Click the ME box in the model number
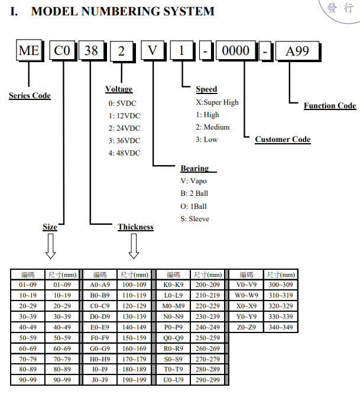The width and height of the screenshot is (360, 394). (x=29, y=50)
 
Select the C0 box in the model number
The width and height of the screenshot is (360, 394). (x=62, y=50)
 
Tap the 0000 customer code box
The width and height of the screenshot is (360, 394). (x=236, y=50)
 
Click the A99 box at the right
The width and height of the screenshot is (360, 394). (x=297, y=51)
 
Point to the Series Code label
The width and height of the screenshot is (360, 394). (x=30, y=95)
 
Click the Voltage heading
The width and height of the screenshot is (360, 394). (x=119, y=89)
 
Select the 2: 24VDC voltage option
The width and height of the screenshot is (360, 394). (x=124, y=128)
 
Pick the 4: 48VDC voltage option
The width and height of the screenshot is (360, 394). (x=124, y=153)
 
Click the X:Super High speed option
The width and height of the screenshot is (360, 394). (x=217, y=102)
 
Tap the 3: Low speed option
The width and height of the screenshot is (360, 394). (x=207, y=140)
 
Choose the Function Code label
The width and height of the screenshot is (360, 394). (x=330, y=105)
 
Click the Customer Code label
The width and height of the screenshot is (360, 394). (x=283, y=139)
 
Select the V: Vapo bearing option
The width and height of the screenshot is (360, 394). (x=193, y=181)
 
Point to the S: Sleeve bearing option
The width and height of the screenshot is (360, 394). (x=195, y=219)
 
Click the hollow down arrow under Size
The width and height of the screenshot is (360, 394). (x=50, y=246)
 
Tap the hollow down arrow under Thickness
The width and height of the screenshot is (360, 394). (x=134, y=246)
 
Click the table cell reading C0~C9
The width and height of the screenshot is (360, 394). (x=100, y=306)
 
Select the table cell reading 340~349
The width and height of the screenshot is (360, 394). (x=281, y=327)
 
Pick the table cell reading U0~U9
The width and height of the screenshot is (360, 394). (x=173, y=380)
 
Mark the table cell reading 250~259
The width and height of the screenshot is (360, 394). (x=207, y=338)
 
